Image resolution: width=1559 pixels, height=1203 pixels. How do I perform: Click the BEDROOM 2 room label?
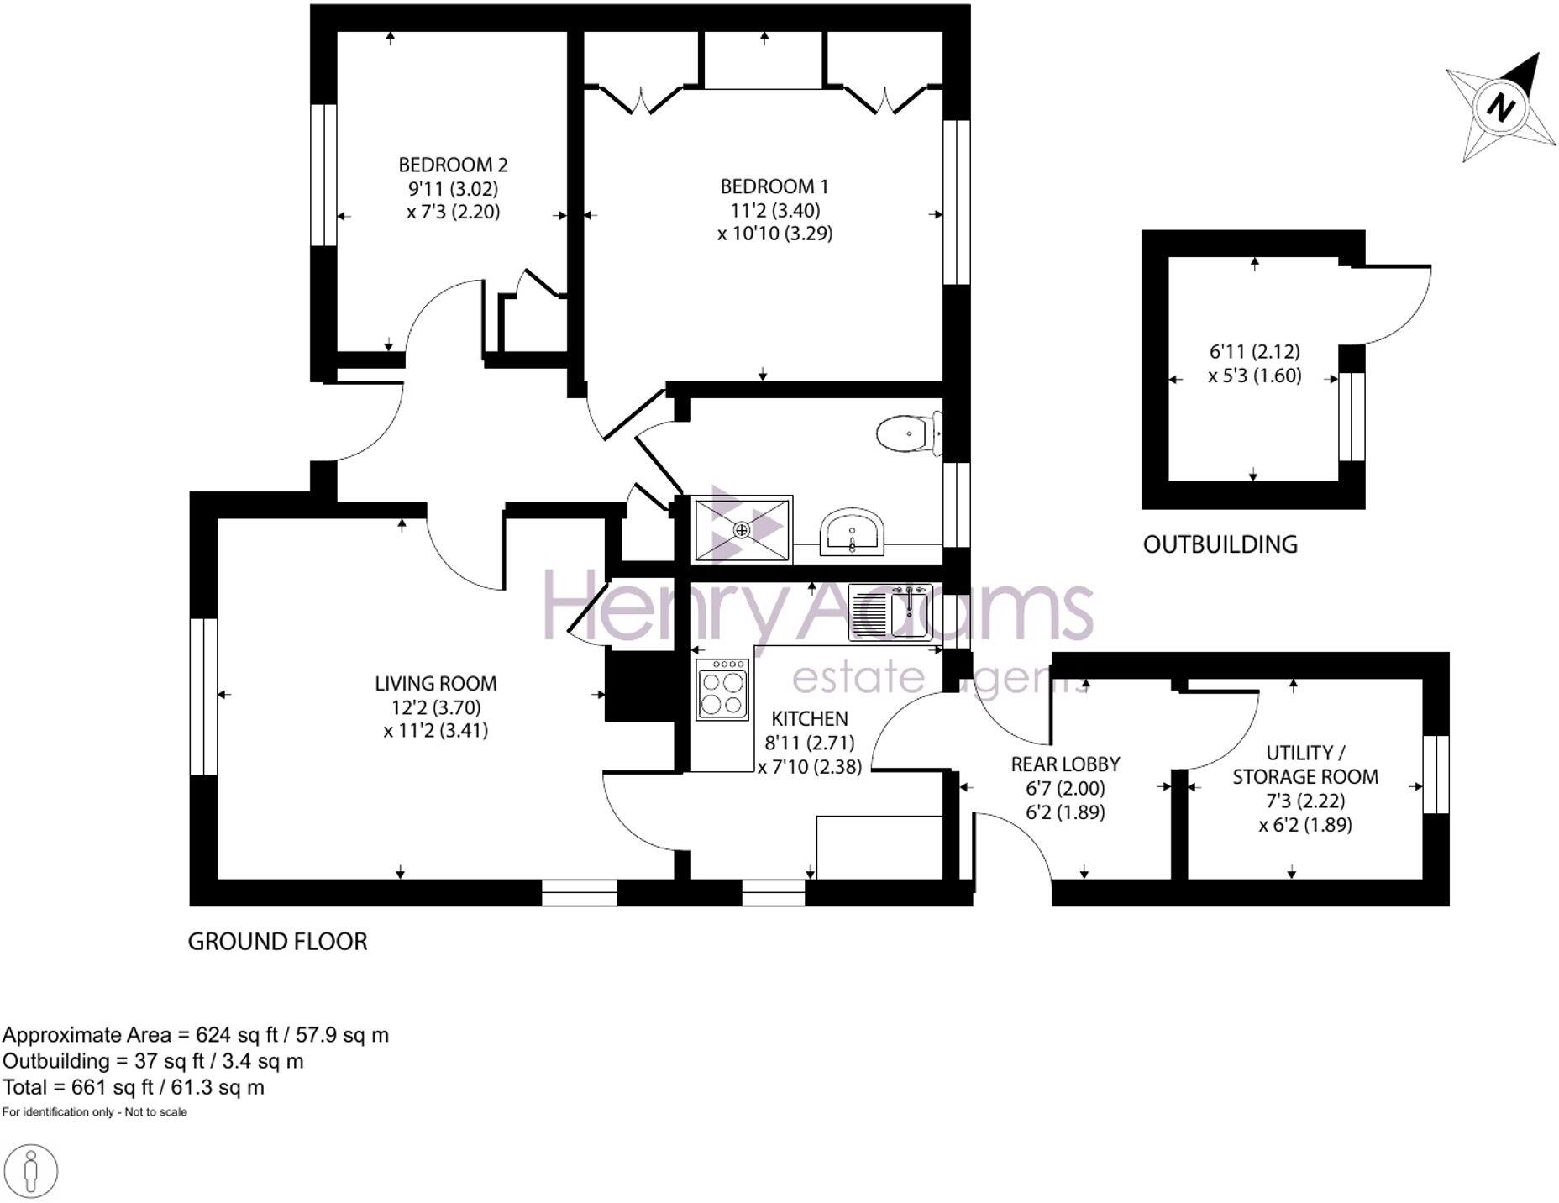(453, 165)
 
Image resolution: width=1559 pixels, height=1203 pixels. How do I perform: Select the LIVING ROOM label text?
(435, 684)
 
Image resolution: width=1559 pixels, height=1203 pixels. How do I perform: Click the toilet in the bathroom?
(905, 434)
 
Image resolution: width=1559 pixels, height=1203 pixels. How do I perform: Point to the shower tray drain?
(741, 529)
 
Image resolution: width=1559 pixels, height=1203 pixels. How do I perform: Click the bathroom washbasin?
(852, 533)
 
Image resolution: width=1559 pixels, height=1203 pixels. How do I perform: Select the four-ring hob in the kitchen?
(722, 690)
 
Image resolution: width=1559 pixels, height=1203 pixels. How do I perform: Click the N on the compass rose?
(1500, 107)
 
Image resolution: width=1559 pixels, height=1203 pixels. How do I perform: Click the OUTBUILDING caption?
(1220, 544)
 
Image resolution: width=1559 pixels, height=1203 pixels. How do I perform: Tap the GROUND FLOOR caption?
(277, 942)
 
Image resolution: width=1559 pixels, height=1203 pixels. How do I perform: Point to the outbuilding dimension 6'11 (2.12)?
(1254, 352)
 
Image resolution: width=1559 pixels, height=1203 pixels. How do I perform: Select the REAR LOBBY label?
(1065, 764)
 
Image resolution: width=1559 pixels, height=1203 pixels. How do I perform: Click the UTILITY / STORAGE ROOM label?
(1304, 764)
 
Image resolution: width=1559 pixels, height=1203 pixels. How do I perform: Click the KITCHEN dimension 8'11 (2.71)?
(809, 743)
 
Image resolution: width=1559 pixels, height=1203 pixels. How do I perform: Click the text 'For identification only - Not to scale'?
(95, 1112)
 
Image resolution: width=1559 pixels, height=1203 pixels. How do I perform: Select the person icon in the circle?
(31, 1169)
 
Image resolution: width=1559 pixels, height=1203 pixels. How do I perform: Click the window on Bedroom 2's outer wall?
(323, 175)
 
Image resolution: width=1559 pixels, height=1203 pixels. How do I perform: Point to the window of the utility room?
(1436, 775)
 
